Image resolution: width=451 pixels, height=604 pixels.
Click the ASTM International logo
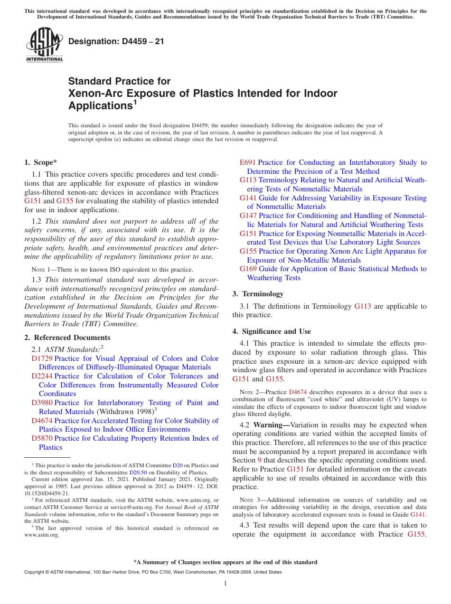(x=44, y=45)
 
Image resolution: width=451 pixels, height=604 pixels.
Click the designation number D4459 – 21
(x=116, y=41)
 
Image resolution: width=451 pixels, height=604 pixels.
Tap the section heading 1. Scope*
(x=41, y=162)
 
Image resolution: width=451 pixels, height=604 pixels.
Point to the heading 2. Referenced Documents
(x=67, y=338)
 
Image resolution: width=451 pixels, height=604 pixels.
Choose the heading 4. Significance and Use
(x=272, y=331)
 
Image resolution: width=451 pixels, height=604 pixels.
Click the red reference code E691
(x=247, y=162)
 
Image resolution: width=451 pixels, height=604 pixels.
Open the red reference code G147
(x=248, y=216)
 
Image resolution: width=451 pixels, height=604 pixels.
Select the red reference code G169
(x=248, y=269)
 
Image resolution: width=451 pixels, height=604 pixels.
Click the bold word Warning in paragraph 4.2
(x=269, y=425)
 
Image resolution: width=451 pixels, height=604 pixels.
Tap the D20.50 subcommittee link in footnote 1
(x=138, y=472)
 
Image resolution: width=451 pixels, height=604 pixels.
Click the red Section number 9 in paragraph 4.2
(x=259, y=460)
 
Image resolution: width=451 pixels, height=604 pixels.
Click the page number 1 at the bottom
(x=225, y=583)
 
